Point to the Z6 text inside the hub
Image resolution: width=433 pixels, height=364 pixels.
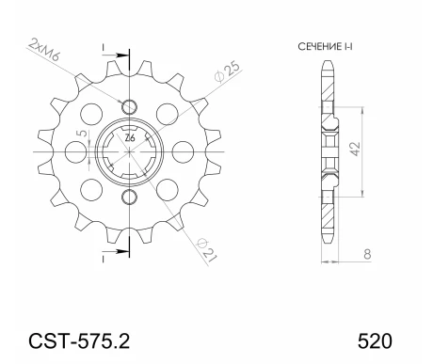(130, 138)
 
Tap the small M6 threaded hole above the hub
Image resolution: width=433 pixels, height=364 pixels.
(130, 103)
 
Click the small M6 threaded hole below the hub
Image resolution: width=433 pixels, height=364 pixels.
(130, 194)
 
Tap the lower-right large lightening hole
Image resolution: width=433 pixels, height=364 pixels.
(167, 184)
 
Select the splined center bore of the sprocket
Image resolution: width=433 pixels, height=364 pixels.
(130, 149)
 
